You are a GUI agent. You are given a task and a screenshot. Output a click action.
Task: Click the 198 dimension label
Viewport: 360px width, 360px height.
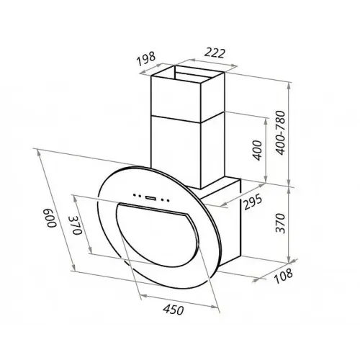tap(146, 58)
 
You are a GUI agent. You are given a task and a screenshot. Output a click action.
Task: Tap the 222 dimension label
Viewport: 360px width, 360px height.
tap(215, 53)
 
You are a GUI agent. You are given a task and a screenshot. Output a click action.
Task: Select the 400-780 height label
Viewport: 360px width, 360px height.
tap(280, 132)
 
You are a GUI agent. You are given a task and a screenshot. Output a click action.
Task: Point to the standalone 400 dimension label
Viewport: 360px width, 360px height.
tap(257, 150)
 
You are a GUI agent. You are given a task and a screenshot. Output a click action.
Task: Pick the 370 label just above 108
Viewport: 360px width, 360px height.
tap(280, 223)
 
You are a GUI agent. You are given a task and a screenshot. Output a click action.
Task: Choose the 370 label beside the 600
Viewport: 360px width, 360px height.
tap(76, 225)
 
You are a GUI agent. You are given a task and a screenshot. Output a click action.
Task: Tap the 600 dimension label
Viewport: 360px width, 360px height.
tap(50, 218)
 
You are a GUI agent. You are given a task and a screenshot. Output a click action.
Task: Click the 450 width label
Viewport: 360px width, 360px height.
tap(174, 310)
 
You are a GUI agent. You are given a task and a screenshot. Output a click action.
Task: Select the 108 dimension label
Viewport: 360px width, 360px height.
tap(283, 276)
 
